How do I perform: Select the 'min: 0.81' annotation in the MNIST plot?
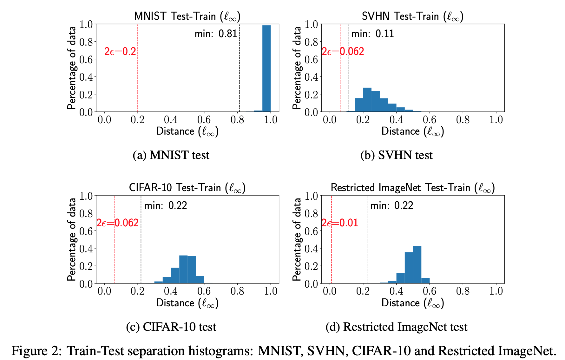[x=216, y=34]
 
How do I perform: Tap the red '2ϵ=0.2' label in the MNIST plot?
[x=120, y=51]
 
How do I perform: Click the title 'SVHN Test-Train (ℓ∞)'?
[x=412, y=16]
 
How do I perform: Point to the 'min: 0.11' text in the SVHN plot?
[x=372, y=34]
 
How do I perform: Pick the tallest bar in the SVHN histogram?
[x=367, y=100]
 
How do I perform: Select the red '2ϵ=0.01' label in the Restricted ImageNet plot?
[x=340, y=223]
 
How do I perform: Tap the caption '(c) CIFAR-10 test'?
[x=171, y=327]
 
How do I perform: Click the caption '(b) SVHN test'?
[x=397, y=155]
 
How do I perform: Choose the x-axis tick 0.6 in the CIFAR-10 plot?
[x=204, y=291]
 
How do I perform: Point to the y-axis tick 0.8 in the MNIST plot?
[x=86, y=42]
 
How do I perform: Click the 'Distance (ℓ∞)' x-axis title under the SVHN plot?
[x=412, y=131]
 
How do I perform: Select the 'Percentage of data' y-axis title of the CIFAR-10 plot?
[x=72, y=239]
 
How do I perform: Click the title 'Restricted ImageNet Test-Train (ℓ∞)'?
[x=412, y=188]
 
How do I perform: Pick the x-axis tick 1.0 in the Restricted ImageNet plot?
[x=496, y=291]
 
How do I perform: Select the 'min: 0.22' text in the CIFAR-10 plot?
[x=166, y=205]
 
